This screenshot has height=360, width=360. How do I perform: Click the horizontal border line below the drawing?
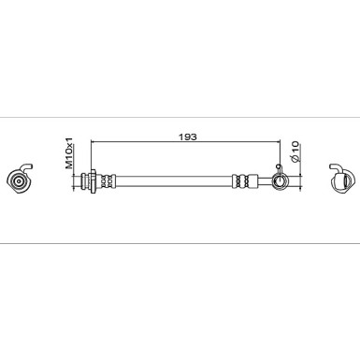tap(180, 243)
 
